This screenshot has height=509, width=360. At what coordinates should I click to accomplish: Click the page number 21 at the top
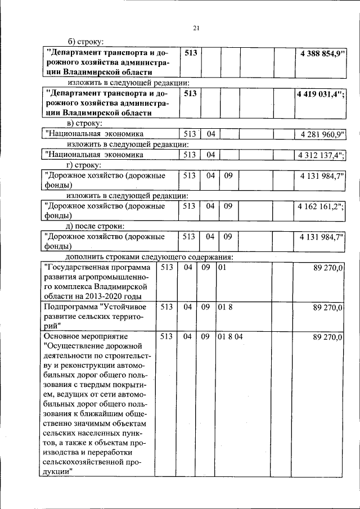pos(196,29)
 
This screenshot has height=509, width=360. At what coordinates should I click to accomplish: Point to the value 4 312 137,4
pos(322,154)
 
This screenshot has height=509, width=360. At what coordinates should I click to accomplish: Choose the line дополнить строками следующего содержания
pos(149,258)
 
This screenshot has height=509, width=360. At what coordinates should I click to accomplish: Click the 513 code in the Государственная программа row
pos(166,267)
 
